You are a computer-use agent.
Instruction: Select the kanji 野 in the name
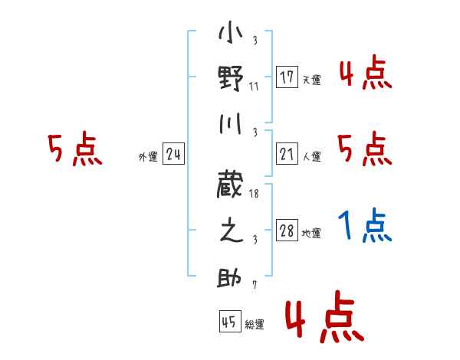tap(231, 77)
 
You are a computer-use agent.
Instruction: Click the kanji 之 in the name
tap(231, 231)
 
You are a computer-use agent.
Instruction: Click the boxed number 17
tap(287, 77)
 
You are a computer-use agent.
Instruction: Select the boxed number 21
tap(287, 155)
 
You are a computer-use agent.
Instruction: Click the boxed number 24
tap(174, 155)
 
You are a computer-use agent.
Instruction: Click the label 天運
tap(311, 80)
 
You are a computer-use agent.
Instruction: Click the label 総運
tap(255, 325)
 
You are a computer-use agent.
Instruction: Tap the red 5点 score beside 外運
tap(74, 149)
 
